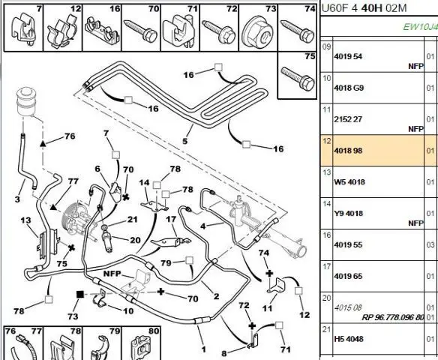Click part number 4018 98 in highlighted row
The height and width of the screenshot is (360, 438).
(x=348, y=151)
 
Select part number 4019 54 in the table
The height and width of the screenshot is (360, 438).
(x=348, y=56)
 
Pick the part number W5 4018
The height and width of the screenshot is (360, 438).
(x=349, y=181)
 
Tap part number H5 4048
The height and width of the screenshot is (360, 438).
(x=349, y=339)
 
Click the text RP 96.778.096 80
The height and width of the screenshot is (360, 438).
(x=393, y=317)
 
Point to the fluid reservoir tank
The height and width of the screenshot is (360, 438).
(x=25, y=101)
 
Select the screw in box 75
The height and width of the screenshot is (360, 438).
(x=298, y=79)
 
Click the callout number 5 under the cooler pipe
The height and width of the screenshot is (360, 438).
(x=185, y=141)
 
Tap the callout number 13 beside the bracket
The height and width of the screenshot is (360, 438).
(x=25, y=220)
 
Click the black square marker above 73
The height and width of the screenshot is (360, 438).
(x=80, y=294)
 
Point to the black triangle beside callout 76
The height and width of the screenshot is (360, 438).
(x=43, y=144)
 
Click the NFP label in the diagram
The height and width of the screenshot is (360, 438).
(x=112, y=274)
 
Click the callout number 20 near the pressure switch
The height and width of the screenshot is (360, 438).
(x=135, y=240)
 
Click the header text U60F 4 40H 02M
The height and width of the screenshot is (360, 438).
(x=364, y=8)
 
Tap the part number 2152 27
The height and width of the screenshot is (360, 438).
(x=348, y=119)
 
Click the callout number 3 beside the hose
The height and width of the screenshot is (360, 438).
(x=17, y=199)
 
